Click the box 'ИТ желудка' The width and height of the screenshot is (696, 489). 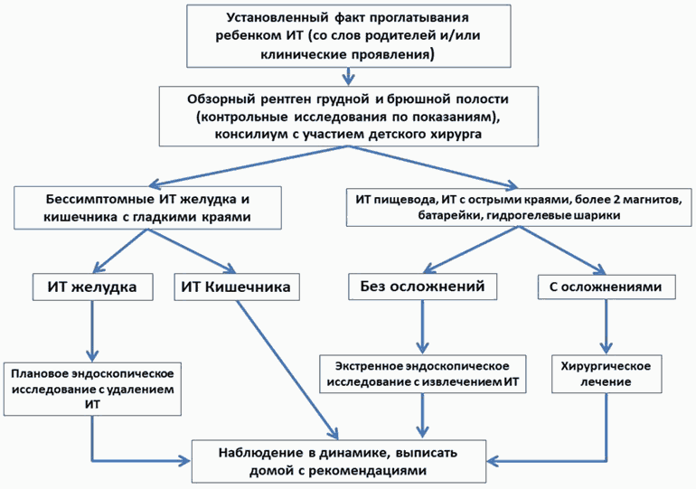coord(85,287)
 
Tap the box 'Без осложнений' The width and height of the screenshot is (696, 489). coord(420,287)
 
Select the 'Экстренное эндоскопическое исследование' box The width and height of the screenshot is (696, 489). coord(421,375)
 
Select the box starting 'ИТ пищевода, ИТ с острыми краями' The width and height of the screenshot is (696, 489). coord(519,207)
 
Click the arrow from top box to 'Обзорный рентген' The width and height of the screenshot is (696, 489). coord(346,76)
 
